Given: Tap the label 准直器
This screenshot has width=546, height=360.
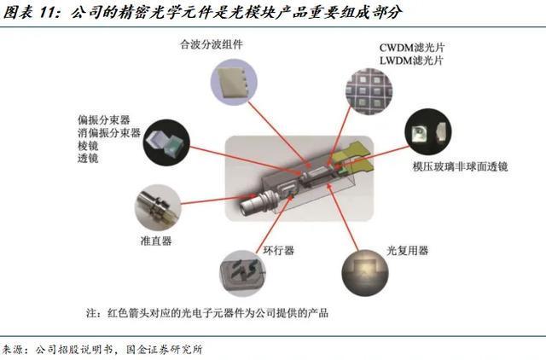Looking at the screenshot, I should pos(157,241).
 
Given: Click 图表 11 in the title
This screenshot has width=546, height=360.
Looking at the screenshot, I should pos(29,13).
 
